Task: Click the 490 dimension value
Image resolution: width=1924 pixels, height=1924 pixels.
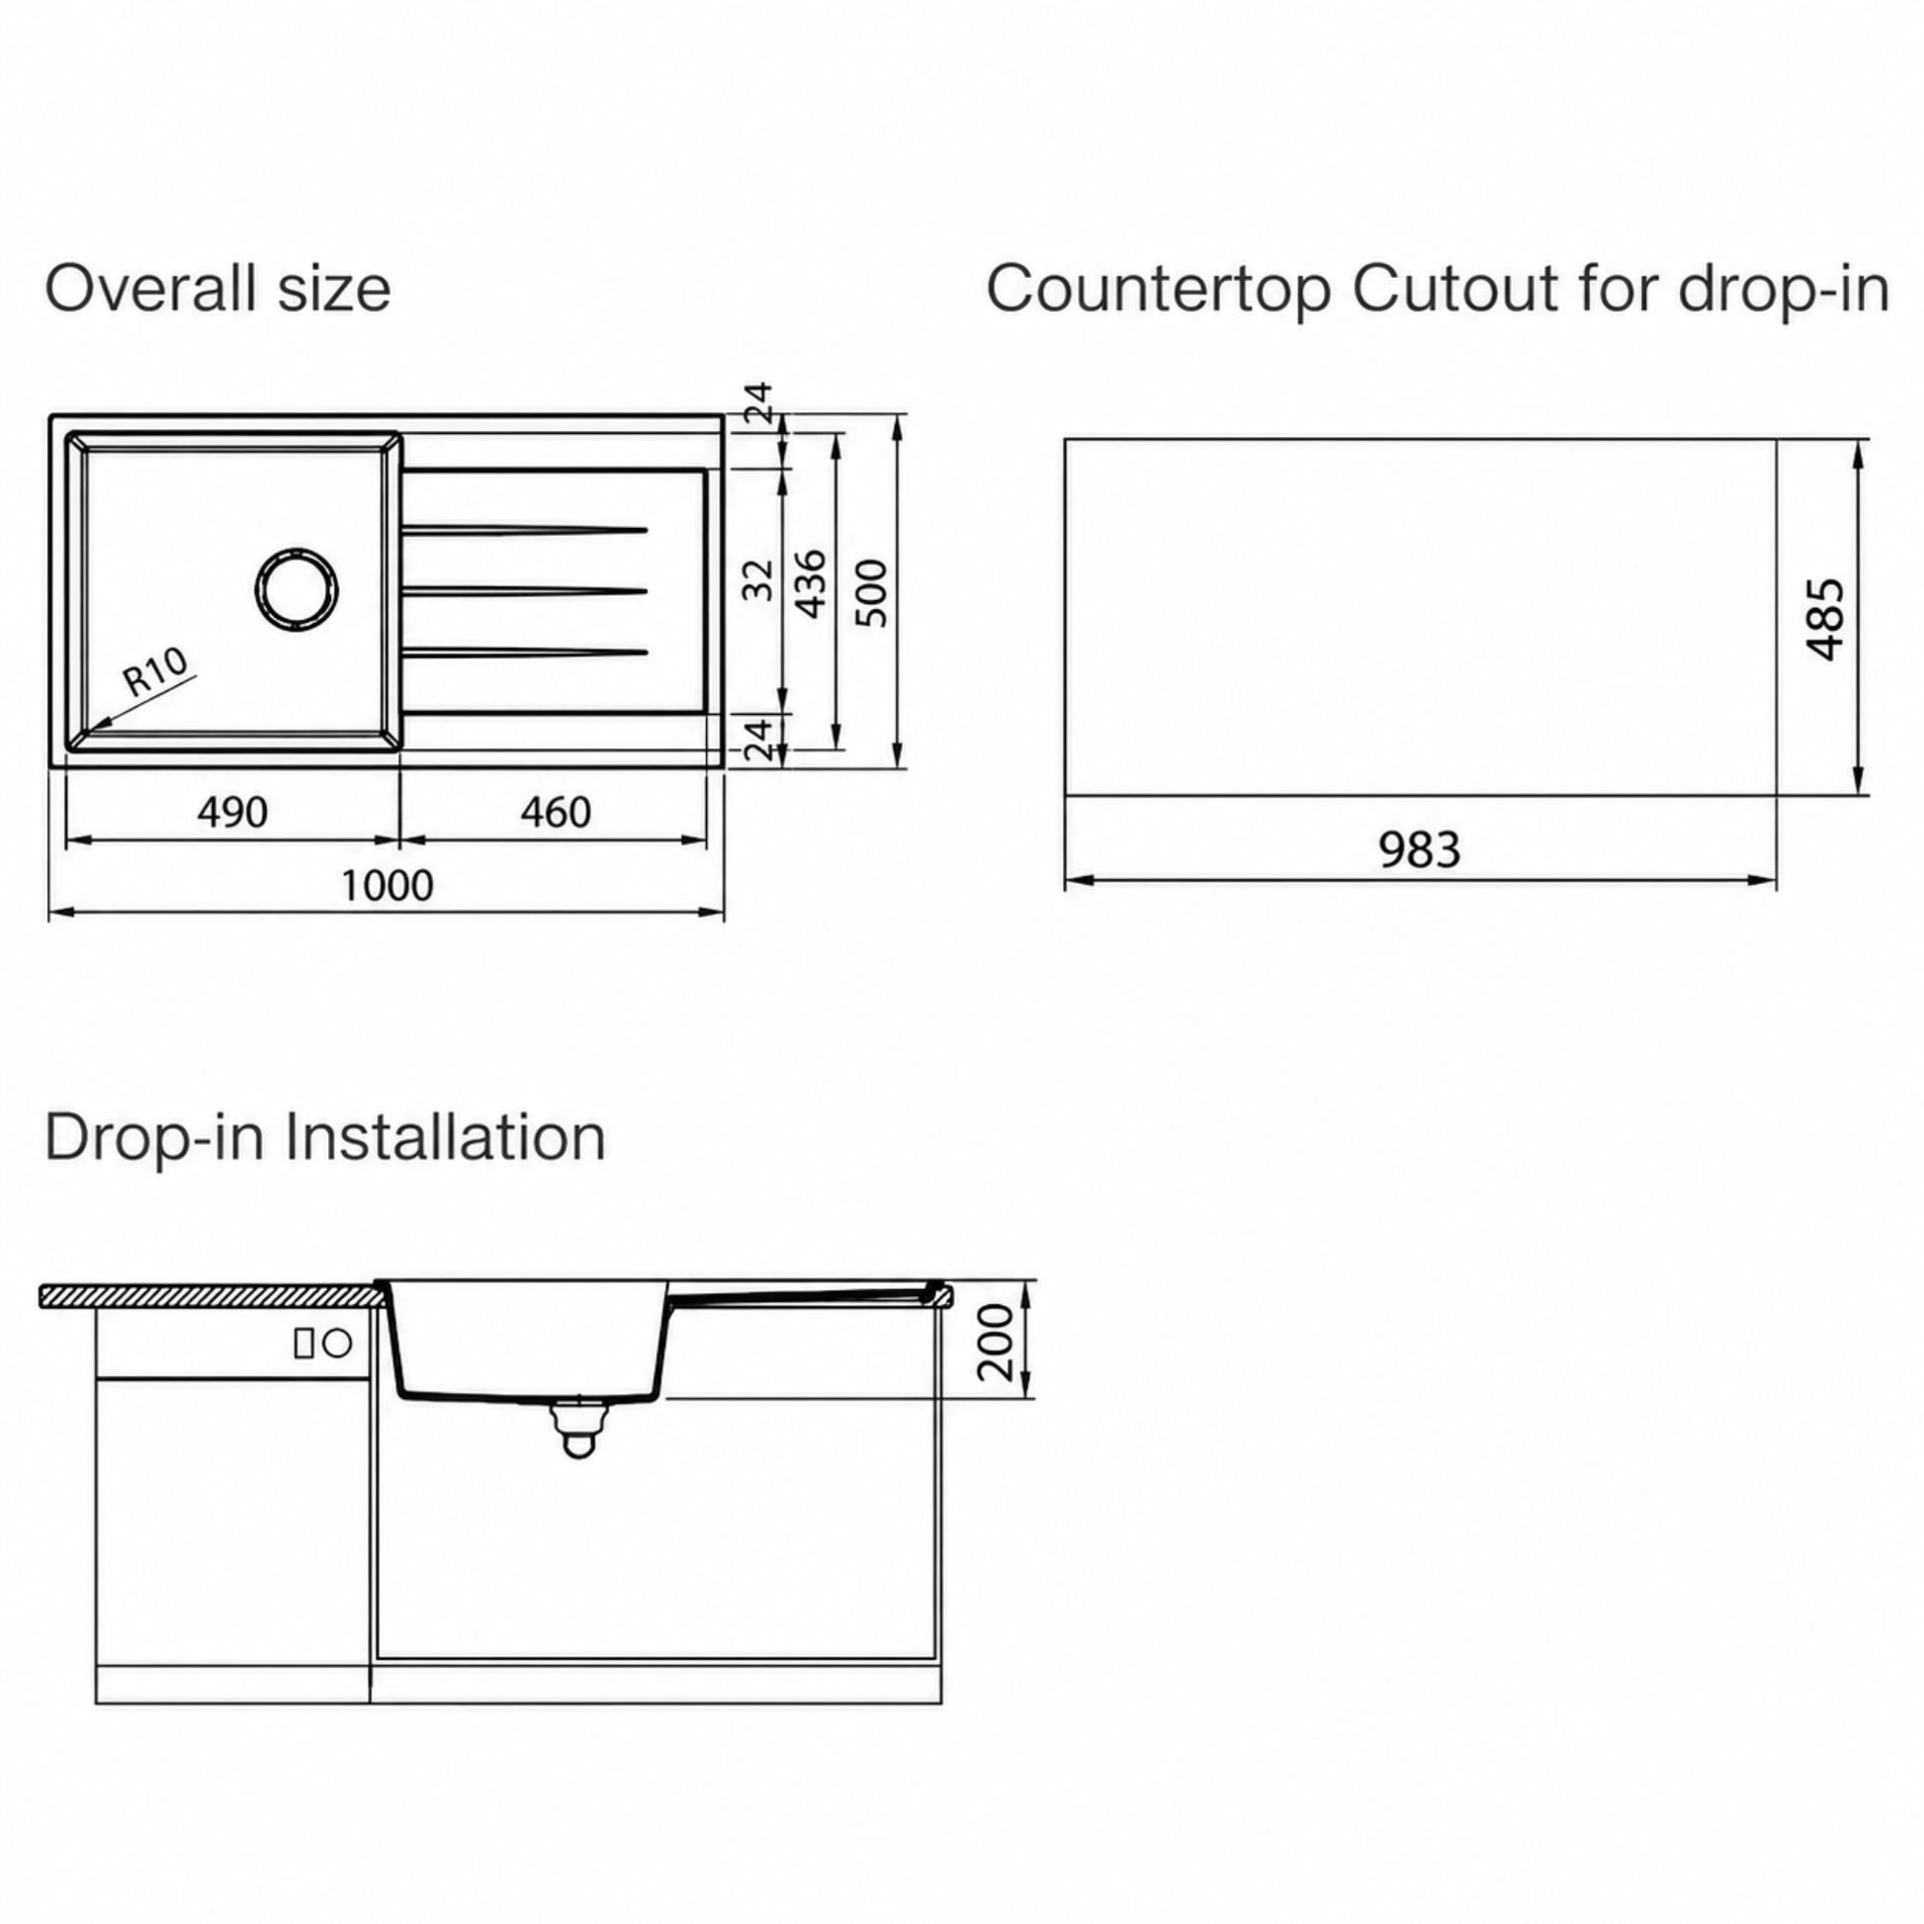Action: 232,813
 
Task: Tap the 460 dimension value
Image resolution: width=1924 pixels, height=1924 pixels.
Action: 556,813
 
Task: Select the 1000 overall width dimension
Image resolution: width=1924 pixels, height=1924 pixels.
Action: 388,885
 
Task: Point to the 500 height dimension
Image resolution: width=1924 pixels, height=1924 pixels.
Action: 871,592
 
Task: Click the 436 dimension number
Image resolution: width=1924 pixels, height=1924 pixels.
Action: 812,583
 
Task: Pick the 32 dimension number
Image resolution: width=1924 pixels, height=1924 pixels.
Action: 759,579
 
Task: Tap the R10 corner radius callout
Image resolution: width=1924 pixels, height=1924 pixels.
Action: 155,671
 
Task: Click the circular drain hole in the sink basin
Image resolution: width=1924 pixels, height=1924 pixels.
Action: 297,588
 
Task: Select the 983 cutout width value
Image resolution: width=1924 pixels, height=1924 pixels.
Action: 1419,849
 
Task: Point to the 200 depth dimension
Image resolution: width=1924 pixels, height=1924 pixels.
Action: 995,1342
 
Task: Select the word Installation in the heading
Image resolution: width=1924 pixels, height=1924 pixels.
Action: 445,1136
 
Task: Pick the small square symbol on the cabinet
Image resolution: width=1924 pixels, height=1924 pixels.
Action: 305,1345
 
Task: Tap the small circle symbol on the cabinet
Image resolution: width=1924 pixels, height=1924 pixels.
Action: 338,1345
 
